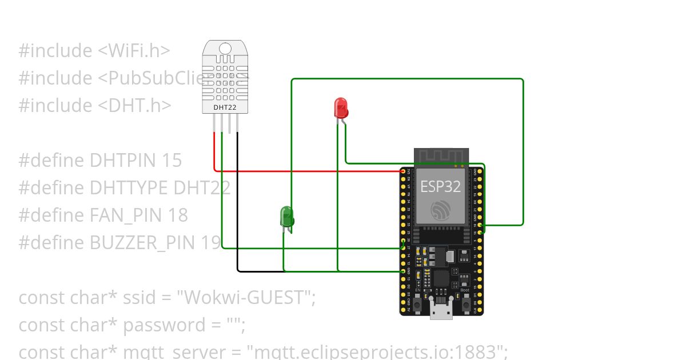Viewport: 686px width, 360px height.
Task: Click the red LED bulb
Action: click(341, 107)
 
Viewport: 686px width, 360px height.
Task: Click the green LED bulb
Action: click(287, 216)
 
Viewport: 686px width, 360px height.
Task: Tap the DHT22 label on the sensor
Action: click(225, 107)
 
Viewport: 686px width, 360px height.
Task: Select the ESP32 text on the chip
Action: click(440, 186)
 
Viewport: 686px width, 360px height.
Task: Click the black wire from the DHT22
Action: click(238, 200)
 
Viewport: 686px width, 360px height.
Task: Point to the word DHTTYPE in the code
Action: click(129, 187)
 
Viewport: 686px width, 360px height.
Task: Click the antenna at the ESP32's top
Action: click(441, 156)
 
